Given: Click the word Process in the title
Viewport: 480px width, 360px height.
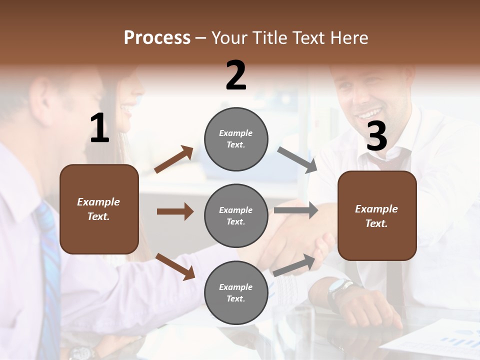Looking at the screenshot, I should (x=157, y=38).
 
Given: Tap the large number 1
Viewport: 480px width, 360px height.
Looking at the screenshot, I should (x=99, y=128).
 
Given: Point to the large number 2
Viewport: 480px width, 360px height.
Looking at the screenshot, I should (x=236, y=75).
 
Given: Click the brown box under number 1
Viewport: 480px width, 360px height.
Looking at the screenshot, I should (x=99, y=209).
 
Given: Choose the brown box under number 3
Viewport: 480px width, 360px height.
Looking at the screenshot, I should (x=377, y=215).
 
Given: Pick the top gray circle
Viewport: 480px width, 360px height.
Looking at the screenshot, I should (x=236, y=138).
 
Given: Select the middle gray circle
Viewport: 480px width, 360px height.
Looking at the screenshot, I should (x=236, y=215).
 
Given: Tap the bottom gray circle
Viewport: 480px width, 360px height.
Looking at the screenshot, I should (x=236, y=292).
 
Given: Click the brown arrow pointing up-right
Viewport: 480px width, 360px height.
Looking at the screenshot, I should (x=174, y=160).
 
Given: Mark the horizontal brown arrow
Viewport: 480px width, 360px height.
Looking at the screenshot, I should (x=175, y=211).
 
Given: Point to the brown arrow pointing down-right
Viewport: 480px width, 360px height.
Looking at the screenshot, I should (x=175, y=266).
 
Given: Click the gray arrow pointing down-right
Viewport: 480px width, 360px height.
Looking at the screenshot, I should (x=297, y=160).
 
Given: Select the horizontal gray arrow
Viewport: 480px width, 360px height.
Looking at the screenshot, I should (x=295, y=210).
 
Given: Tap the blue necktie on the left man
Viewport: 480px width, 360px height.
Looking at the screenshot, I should (x=49, y=270).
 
